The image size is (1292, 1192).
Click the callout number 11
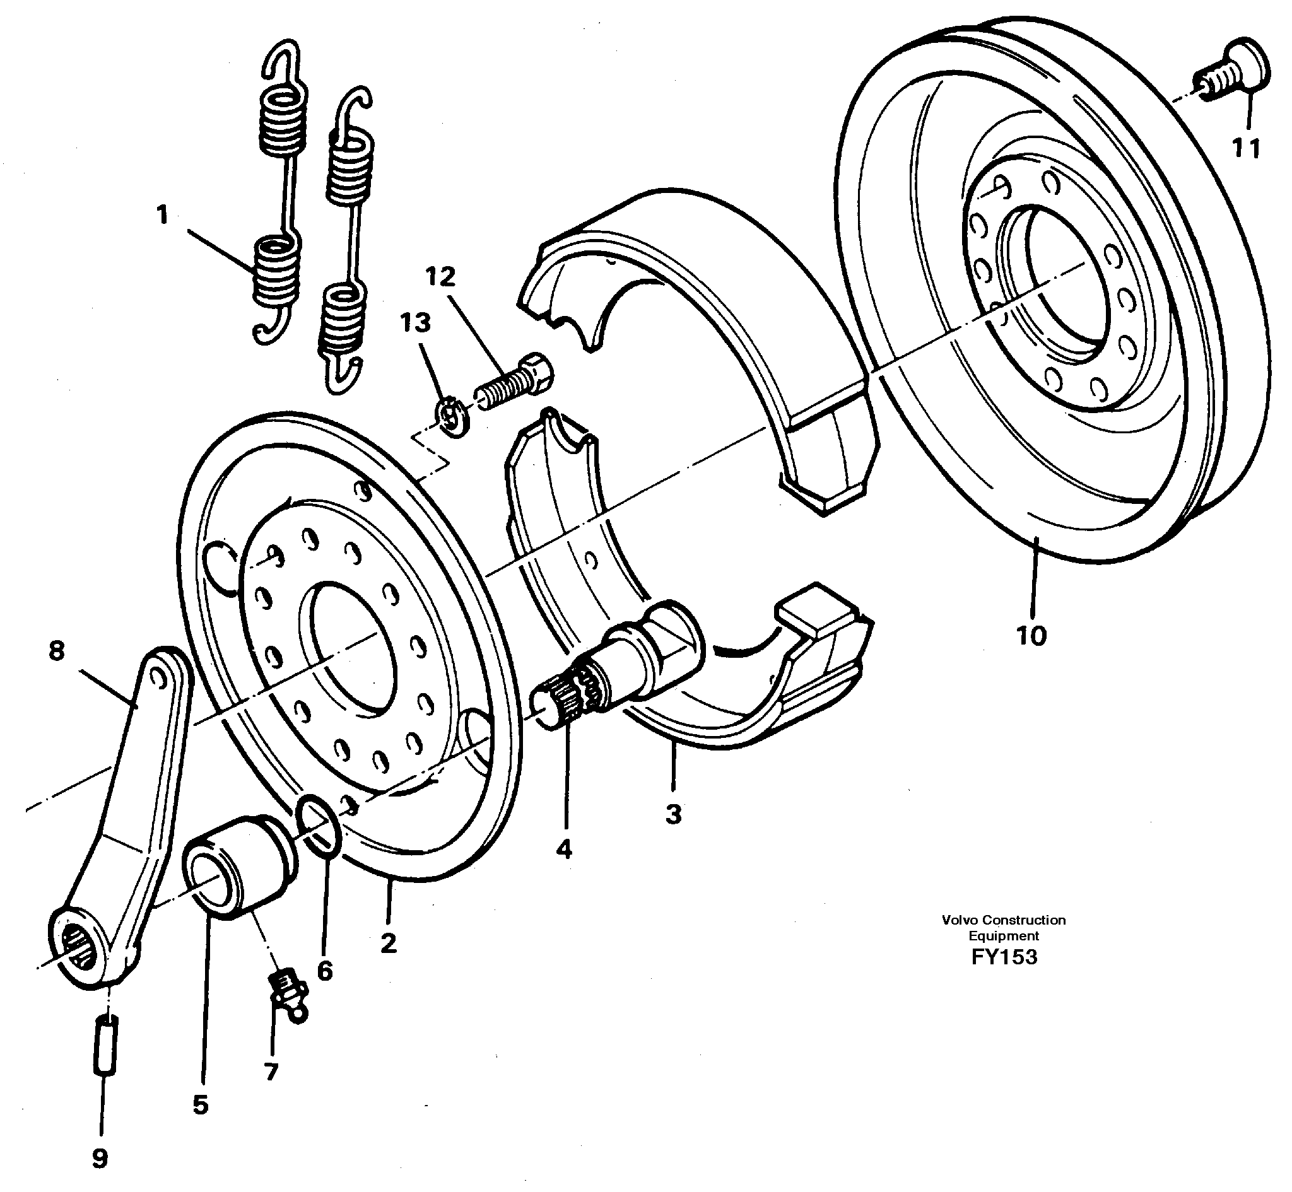[1246, 149]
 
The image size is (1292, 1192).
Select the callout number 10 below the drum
[1031, 636]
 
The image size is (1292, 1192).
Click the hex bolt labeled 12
[516, 383]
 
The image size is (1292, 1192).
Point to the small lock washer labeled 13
[455, 419]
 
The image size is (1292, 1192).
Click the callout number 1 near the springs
[162, 214]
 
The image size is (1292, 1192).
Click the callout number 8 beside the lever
[57, 650]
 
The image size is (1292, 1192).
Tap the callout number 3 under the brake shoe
[673, 814]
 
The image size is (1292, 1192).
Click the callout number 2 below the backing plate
[389, 943]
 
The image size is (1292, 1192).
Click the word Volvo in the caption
[960, 920]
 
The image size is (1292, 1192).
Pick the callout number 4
[564, 850]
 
